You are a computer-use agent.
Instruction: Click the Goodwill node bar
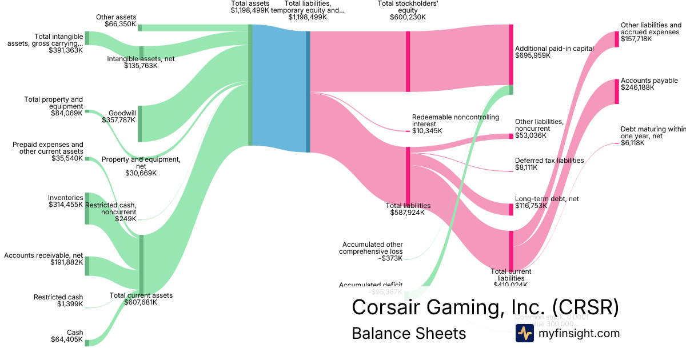coord(140,123)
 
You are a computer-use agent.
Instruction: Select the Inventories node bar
coord(87,208)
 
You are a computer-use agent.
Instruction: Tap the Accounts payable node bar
coord(617,91)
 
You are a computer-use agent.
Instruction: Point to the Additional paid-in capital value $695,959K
coord(533,56)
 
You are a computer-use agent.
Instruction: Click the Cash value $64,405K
coord(67,340)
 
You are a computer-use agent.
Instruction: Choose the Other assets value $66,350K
coord(120,25)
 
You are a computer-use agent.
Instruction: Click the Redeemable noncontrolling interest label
coord(455,121)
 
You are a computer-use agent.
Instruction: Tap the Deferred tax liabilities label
coord(549,161)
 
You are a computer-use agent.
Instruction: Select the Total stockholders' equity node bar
coord(408,61)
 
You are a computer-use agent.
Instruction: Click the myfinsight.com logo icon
coord(524,333)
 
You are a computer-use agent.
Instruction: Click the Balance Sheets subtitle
coord(409,333)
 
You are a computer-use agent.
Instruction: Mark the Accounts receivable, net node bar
coord(87,266)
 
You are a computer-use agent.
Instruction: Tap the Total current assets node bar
coord(141,263)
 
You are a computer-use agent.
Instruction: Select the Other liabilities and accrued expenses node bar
coord(617,39)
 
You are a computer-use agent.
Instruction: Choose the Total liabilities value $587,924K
coord(408,213)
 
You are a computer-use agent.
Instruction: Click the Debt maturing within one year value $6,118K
coord(633,143)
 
